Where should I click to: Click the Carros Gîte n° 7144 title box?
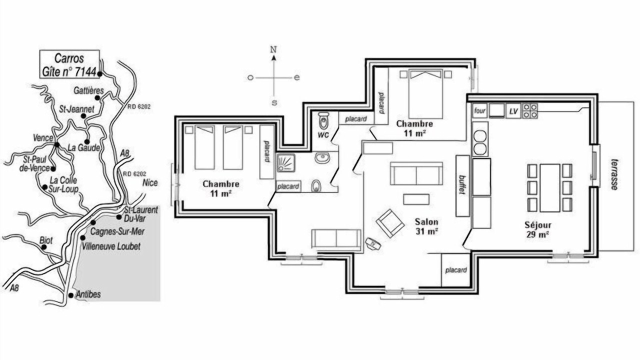coord(69,64)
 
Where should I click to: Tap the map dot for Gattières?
coord(97,97)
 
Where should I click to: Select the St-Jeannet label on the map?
coord(76,109)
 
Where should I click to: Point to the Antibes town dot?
coord(71,295)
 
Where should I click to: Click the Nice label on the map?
coord(150,182)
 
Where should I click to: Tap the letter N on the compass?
coord(273,49)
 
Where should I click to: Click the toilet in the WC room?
coord(323,121)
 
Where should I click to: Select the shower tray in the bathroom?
coord(285,163)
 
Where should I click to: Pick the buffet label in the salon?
coord(461,184)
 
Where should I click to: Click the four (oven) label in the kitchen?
coord(479,110)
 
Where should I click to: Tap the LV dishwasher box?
coord(513,111)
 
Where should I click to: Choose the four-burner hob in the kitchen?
coord(530,111)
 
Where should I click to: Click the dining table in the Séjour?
coord(549,187)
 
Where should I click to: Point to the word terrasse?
coord(614,174)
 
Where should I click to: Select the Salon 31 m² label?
coord(426,226)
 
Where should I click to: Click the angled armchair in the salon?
coord(389,223)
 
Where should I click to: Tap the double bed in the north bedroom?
coord(425,94)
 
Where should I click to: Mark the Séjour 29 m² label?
coord(537,229)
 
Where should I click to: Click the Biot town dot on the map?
coord(43,247)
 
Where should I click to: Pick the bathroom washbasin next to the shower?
coord(322,157)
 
